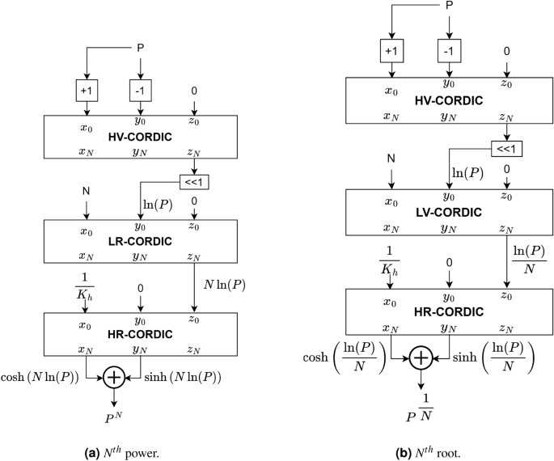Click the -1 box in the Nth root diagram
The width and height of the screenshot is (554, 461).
click(x=448, y=51)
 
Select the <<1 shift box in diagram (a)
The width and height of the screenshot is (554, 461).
click(x=193, y=183)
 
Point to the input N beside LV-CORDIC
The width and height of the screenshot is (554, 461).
click(x=391, y=158)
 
